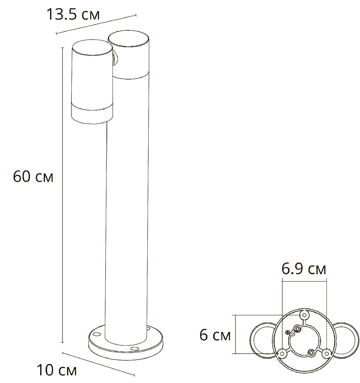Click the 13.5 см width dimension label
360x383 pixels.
click(x=73, y=14)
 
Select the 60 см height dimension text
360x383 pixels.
click(x=33, y=177)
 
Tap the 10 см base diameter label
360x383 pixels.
click(x=57, y=371)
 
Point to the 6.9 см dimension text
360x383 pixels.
click(x=304, y=269)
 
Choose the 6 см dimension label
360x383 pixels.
click(x=215, y=335)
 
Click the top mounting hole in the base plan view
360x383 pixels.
click(x=304, y=315)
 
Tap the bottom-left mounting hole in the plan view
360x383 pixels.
click(x=282, y=353)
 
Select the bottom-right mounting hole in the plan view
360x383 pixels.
click(x=326, y=353)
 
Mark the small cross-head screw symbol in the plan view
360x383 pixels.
click(x=288, y=333)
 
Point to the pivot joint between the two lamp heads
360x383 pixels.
click(x=115, y=60)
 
